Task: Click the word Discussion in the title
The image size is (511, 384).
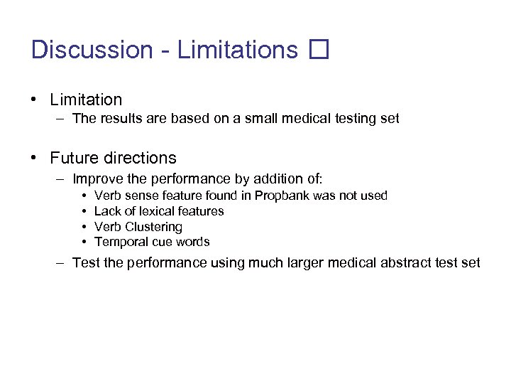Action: [92, 50]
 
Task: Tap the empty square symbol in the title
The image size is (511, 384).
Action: [319, 50]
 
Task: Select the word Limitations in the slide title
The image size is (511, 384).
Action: [238, 50]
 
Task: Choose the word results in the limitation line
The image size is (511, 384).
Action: [121, 119]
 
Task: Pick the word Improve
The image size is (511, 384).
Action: [95, 178]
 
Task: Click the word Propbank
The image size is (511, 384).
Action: [281, 196]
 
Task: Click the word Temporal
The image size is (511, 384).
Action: [120, 242]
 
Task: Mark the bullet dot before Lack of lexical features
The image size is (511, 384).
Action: [84, 211]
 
